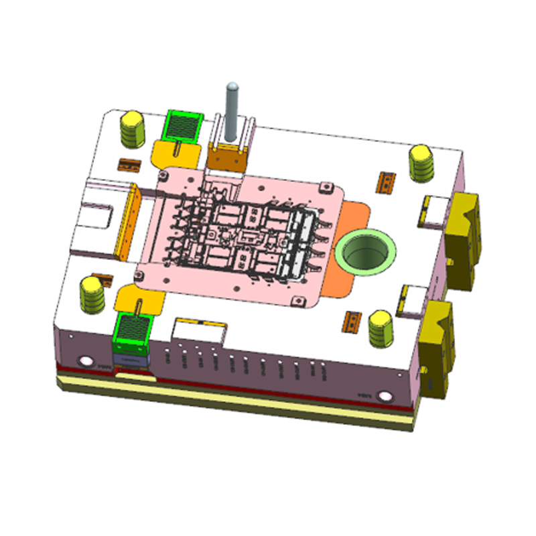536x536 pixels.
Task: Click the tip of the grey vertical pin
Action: [232, 86]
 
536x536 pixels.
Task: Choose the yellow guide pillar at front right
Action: [382, 329]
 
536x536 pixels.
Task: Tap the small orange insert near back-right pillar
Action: [387, 180]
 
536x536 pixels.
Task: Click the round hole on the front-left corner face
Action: [86, 362]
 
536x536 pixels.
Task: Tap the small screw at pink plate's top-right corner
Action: [328, 184]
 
